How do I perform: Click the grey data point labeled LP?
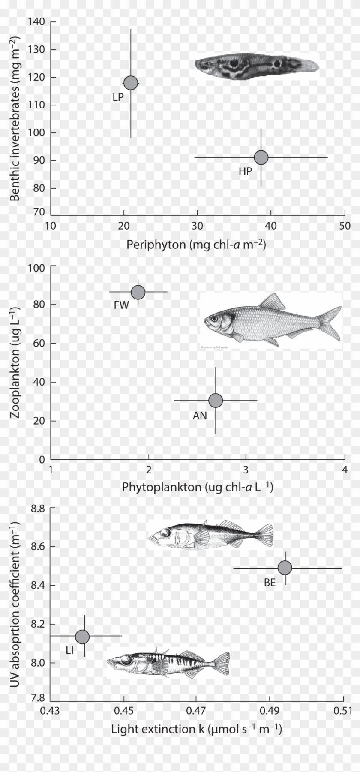[131, 82]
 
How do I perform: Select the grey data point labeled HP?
[261, 157]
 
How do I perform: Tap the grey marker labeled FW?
[138, 292]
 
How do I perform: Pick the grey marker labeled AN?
[216, 401]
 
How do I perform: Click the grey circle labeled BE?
[285, 568]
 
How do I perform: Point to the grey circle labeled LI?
[82, 636]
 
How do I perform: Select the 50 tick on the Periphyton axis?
[345, 226]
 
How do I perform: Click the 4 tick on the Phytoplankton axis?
[345, 470]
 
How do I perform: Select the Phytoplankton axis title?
[198, 487]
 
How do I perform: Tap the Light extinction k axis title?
[197, 729]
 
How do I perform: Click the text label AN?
[200, 415]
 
